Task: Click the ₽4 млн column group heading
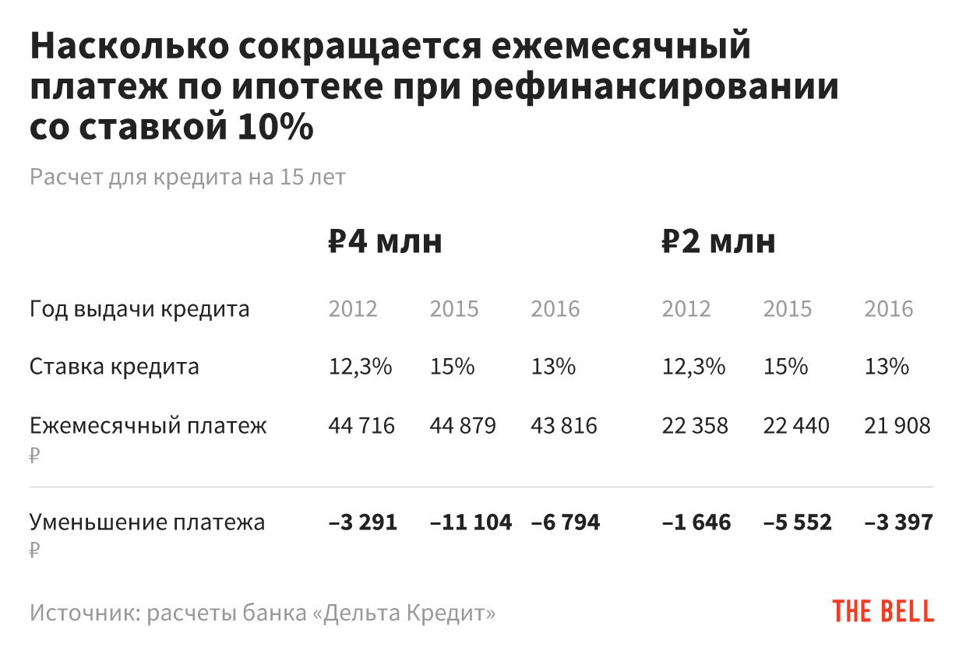[385, 242]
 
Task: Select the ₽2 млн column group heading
[718, 242]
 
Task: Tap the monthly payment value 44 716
[361, 426]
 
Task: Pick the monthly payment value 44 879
[463, 426]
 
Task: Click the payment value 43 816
[564, 426]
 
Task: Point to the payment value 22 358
[695, 426]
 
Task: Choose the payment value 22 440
[796, 426]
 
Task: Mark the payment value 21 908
[897, 426]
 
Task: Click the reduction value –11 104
[471, 522]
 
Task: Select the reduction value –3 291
[363, 522]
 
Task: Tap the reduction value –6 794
[566, 522]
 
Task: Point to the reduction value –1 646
[696, 522]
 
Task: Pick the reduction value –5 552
[798, 522]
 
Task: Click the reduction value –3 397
[898, 522]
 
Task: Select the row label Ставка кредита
[114, 366]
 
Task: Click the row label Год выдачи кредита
[139, 309]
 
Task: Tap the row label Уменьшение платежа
[147, 522]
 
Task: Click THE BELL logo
[883, 611]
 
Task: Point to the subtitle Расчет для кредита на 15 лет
[187, 177]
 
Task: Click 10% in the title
[272, 127]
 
